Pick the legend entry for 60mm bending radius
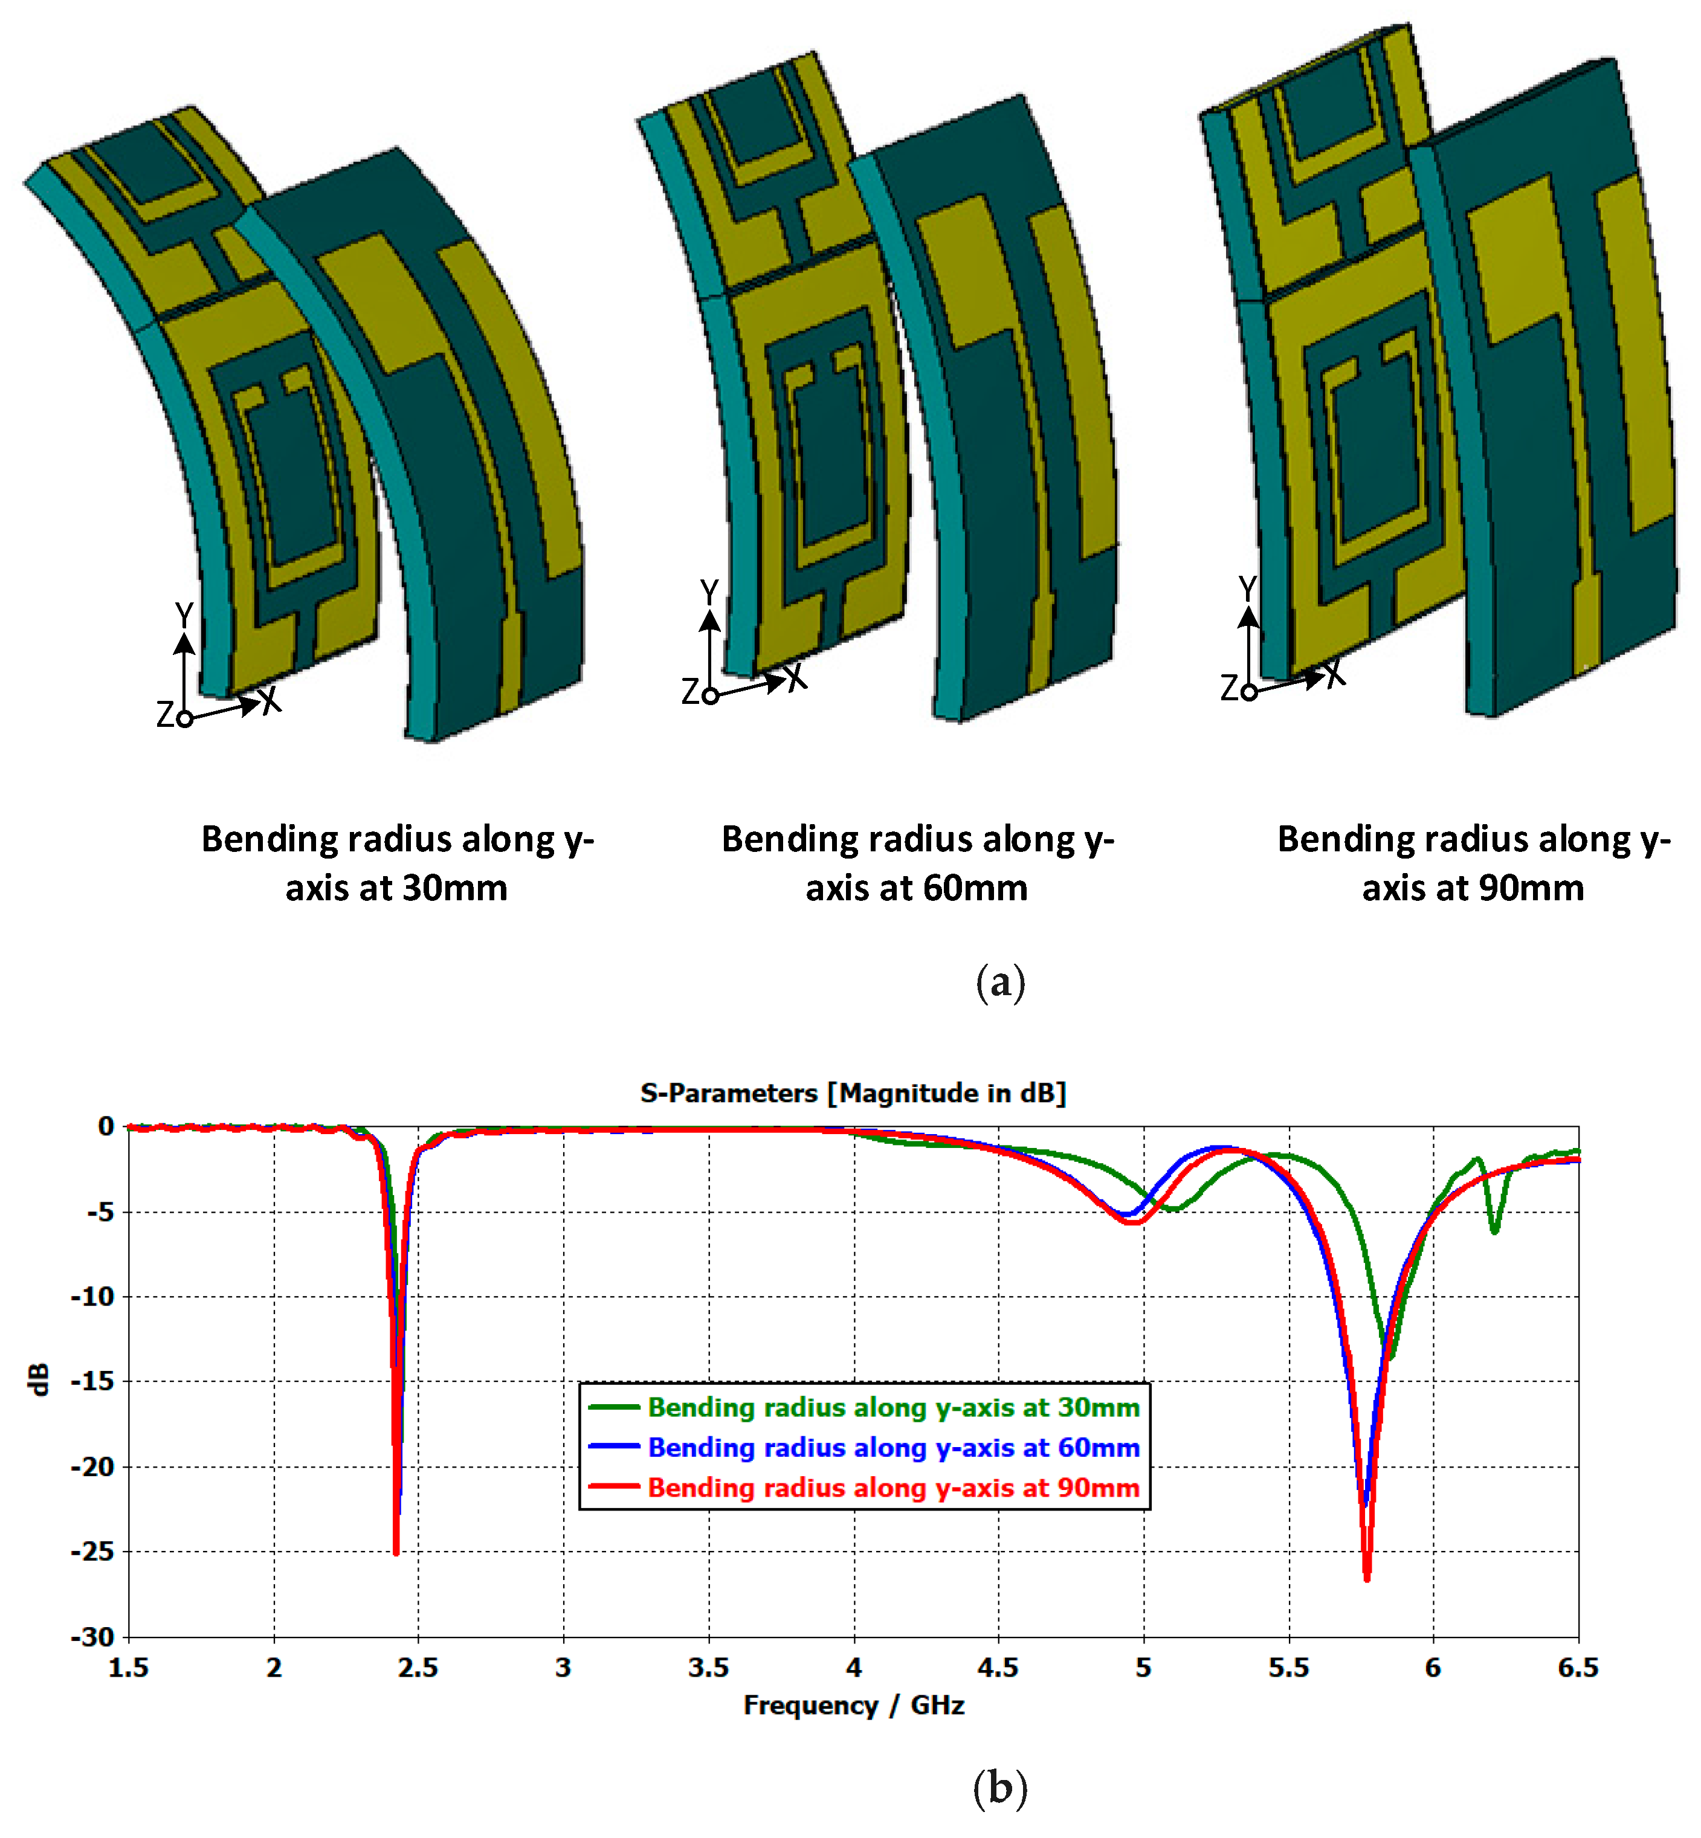(x=893, y=1448)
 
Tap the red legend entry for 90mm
(x=893, y=1488)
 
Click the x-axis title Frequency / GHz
(x=853, y=1706)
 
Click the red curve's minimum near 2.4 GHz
(x=396, y=1553)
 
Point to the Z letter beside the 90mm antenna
(x=1229, y=688)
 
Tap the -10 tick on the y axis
(x=93, y=1297)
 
